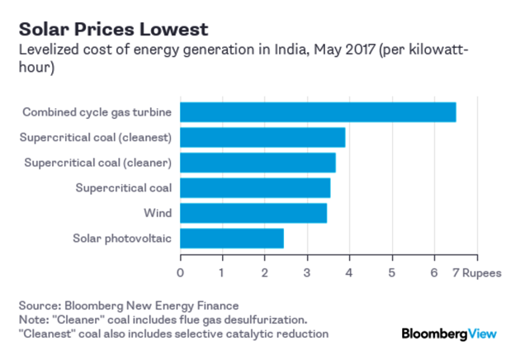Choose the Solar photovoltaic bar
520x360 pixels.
[x=232, y=239]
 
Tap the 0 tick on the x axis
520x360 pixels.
[x=181, y=272]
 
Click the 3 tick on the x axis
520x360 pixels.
[x=307, y=272]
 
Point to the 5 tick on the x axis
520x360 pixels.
[x=392, y=272]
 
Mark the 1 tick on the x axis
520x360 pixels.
[x=222, y=272]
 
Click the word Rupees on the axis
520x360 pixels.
[x=481, y=272]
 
